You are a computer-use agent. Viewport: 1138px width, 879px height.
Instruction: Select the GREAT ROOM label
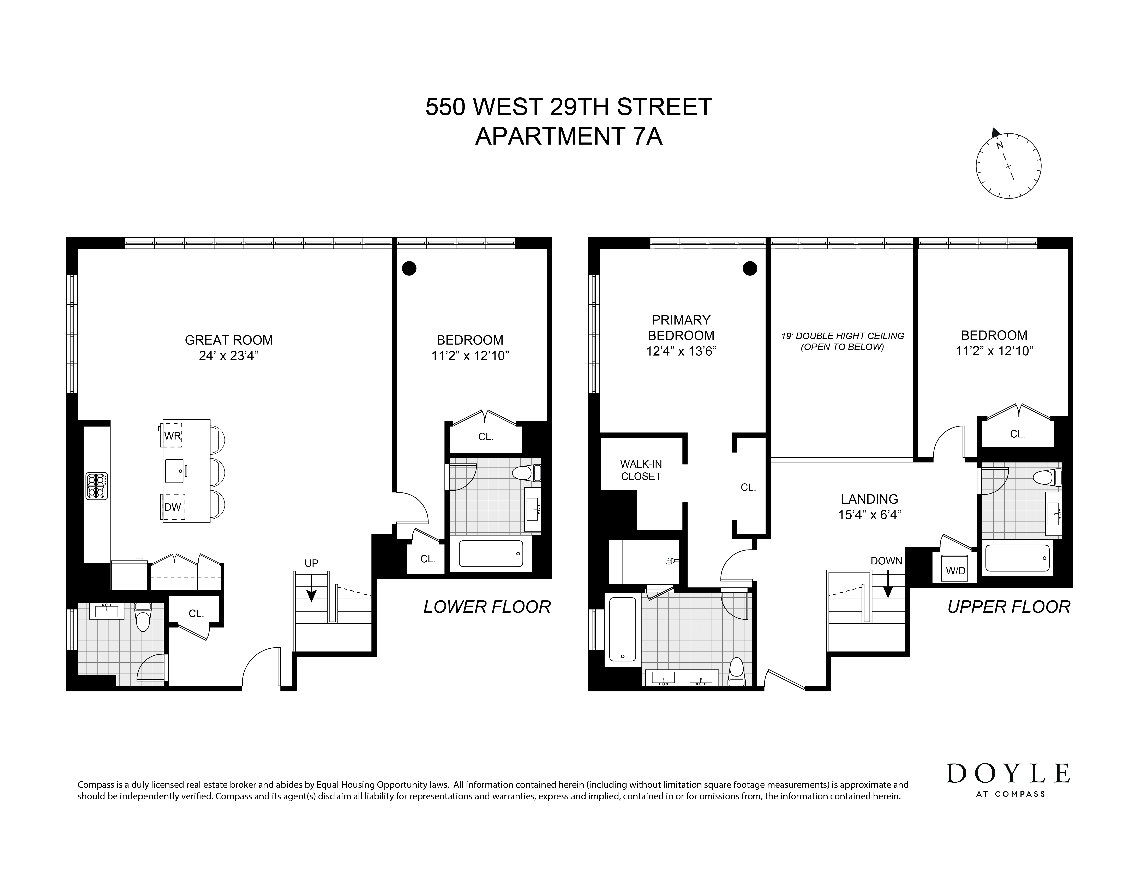pos(229,340)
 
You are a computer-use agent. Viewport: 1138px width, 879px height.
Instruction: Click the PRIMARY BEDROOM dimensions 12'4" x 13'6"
pos(681,351)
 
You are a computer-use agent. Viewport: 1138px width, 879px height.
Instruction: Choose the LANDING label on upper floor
pos(869,499)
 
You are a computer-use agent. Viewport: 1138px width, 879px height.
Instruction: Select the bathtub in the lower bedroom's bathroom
pos(490,553)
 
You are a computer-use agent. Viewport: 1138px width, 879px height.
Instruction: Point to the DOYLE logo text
pos(1008,774)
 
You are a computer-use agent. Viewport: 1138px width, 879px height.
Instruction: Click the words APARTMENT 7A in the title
pos(568,137)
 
